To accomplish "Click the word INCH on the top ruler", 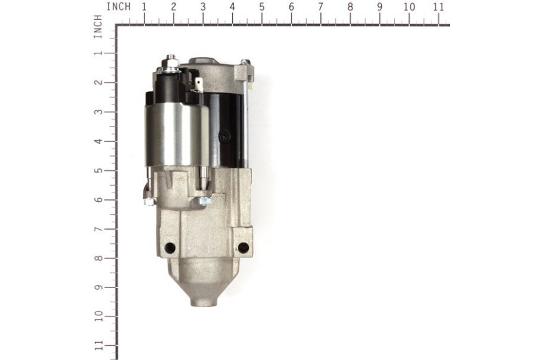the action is click(119, 7).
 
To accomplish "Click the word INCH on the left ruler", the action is click(98, 27).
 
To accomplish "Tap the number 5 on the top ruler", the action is click(262, 7).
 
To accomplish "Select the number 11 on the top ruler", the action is click(438, 7).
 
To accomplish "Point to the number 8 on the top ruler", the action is click(350, 7).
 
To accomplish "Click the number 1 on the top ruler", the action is click(144, 7).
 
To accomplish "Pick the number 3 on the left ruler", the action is click(98, 112).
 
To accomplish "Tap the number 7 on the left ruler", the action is click(98, 230).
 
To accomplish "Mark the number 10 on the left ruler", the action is click(98, 317).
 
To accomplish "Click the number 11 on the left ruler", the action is click(98, 346).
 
